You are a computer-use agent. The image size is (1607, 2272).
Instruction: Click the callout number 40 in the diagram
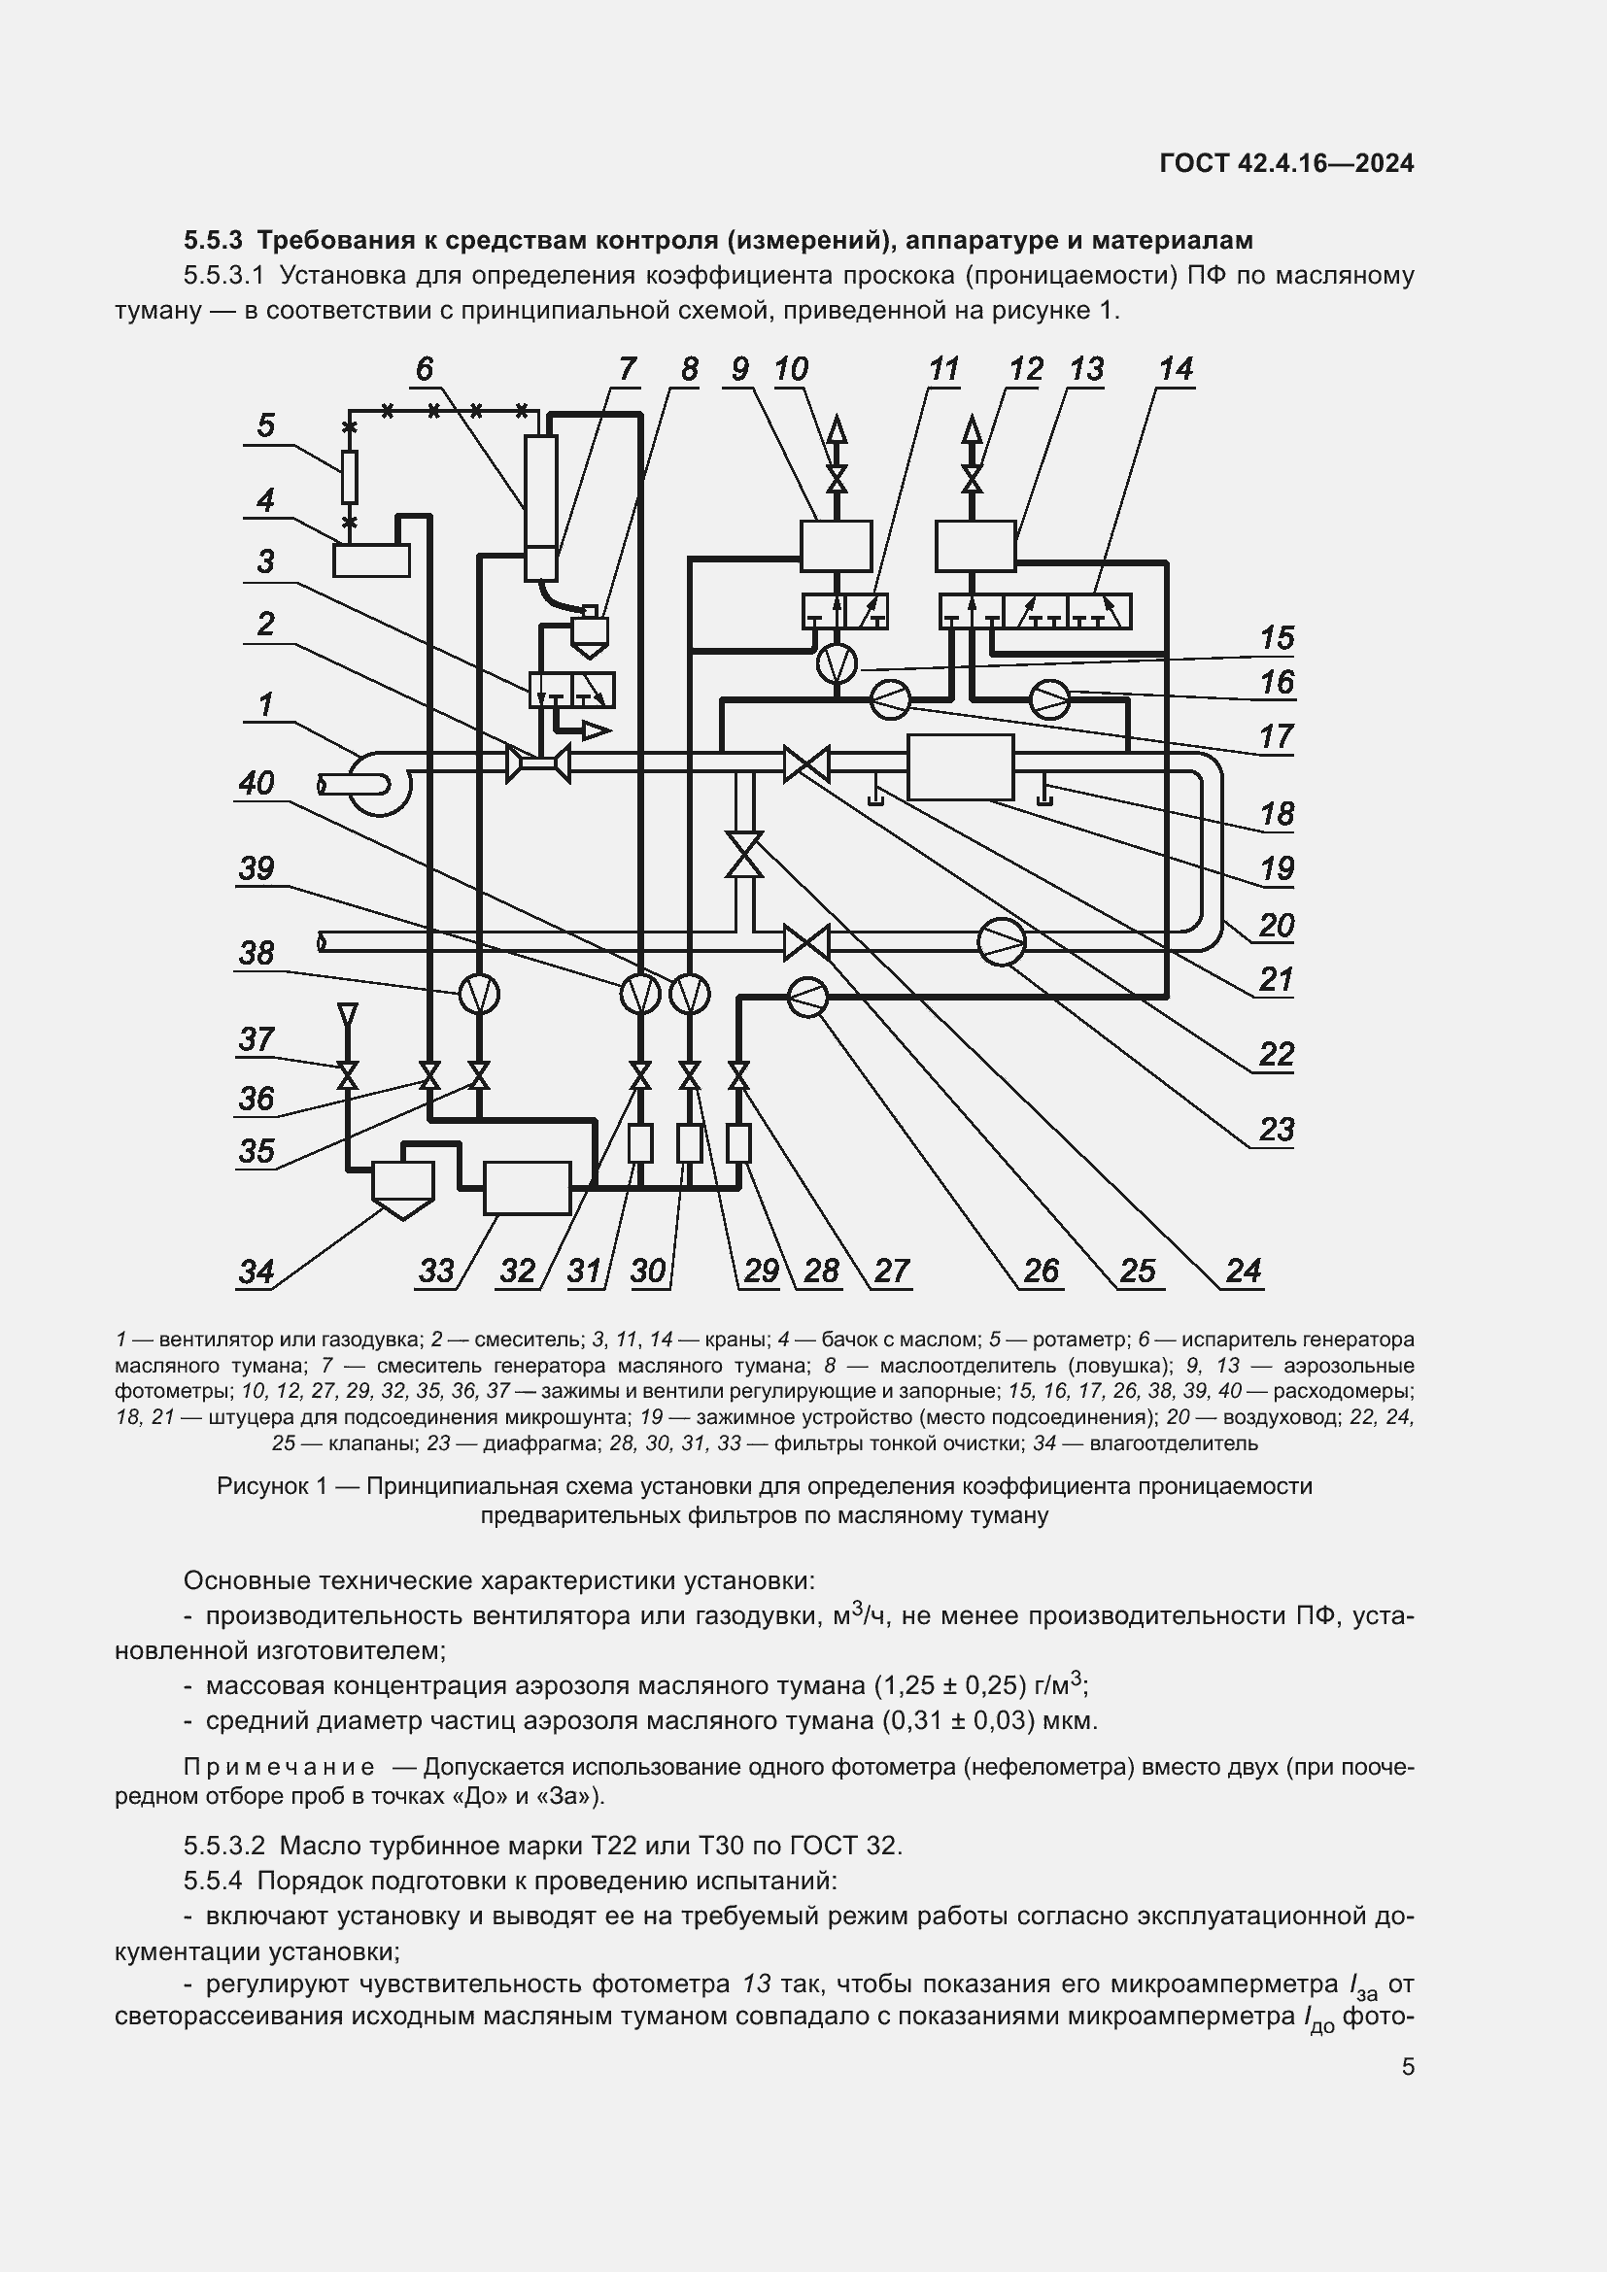(x=256, y=784)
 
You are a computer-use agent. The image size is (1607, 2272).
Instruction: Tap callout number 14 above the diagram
(x=1176, y=369)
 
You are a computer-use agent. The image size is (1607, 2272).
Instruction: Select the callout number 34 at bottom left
(x=256, y=1271)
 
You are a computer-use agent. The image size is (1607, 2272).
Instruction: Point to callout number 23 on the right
(x=1276, y=1129)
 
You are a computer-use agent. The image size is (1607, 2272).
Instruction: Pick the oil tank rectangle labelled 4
(x=370, y=560)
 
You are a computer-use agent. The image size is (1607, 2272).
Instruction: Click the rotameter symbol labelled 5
(x=349, y=476)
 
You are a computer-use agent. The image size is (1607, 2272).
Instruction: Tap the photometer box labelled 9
(x=837, y=545)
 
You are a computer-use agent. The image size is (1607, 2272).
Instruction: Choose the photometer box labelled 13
(x=974, y=545)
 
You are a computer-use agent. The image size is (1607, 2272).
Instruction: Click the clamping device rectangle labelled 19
(x=960, y=767)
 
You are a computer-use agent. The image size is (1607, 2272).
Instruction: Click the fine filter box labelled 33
(x=528, y=1187)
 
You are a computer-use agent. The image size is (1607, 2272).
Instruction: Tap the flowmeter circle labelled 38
(x=478, y=994)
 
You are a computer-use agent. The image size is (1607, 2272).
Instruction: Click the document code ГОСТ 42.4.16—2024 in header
(x=1286, y=163)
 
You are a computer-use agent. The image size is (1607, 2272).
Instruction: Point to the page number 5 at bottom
(x=1407, y=2066)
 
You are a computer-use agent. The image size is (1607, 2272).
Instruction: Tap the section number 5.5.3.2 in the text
(x=223, y=1846)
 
